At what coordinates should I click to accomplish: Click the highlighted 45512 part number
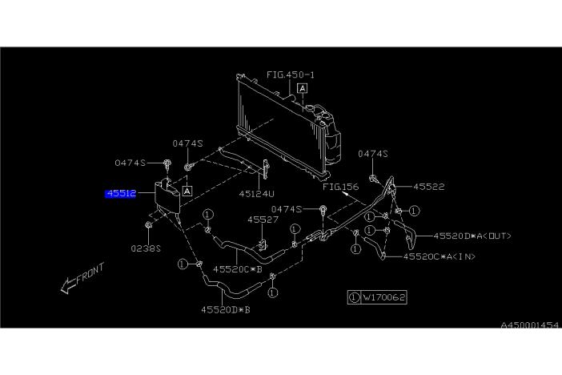pyautogui.click(x=121, y=194)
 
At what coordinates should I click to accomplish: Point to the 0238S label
pyautogui.click(x=147, y=248)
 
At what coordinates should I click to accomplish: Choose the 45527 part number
pyautogui.click(x=262, y=219)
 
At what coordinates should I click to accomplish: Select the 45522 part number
pyautogui.click(x=428, y=186)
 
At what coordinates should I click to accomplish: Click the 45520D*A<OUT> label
pyautogui.click(x=472, y=236)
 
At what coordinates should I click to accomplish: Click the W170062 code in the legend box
pyautogui.click(x=384, y=297)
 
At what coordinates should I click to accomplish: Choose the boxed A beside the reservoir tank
pyautogui.click(x=186, y=192)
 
